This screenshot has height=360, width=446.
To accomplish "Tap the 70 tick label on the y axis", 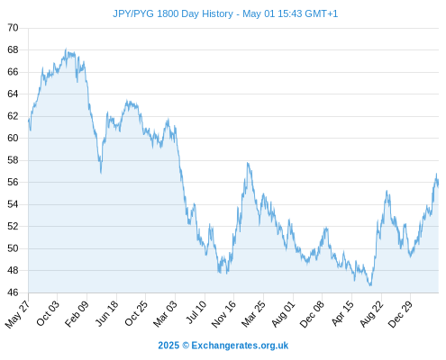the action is click(x=13, y=28).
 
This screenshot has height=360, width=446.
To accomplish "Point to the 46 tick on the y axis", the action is click(x=13, y=292).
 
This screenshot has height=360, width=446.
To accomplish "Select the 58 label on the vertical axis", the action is click(x=13, y=160).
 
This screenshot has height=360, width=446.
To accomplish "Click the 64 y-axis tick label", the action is click(x=13, y=94).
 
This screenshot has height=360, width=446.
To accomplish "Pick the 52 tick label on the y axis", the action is click(x=13, y=226).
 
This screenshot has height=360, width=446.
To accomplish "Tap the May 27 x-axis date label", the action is click(x=17, y=314).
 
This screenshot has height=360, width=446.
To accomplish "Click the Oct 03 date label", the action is click(x=48, y=313).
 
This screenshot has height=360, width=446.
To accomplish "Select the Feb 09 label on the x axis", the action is click(x=77, y=313).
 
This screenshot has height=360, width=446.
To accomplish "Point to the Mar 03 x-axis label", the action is click(x=165, y=314).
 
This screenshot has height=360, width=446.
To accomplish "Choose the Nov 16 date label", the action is click(x=223, y=314).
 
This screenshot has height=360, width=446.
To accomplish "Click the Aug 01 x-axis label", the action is click(x=283, y=314).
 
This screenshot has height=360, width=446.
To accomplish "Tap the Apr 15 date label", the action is click(x=342, y=313).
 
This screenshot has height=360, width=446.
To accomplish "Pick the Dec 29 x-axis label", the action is click(x=400, y=314).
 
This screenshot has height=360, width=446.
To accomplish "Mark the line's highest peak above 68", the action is click(x=66, y=49).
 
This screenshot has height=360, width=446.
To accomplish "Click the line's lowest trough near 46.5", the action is click(x=370, y=285).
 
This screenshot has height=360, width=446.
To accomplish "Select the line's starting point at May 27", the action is click(x=29, y=120).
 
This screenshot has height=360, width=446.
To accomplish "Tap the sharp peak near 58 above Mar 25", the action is click(x=248, y=163).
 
